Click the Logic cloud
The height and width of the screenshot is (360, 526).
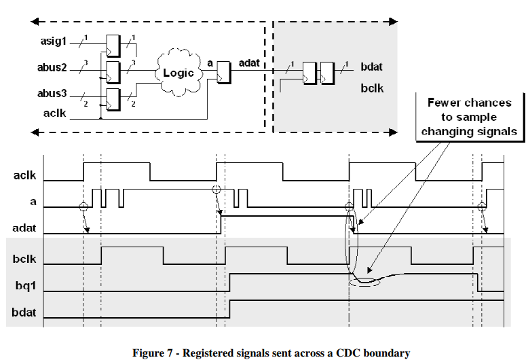(x=181, y=72)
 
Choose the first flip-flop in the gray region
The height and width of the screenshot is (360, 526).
(x=309, y=73)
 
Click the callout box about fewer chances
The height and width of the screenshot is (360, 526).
(x=469, y=117)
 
